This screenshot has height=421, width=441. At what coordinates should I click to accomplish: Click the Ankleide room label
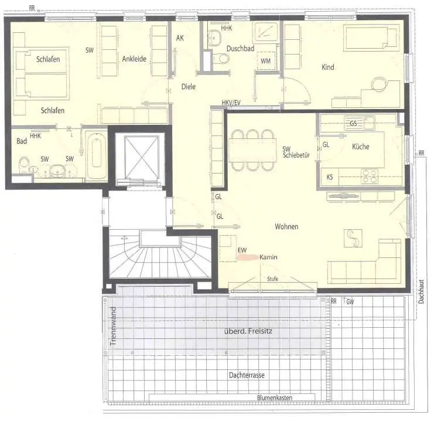tap(134, 59)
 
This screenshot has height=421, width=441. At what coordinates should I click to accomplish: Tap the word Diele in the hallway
tap(189, 86)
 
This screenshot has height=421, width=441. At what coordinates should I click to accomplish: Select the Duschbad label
tap(241, 49)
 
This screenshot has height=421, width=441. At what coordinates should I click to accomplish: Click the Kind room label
tap(328, 67)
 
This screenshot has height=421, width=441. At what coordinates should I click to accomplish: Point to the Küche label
tap(361, 147)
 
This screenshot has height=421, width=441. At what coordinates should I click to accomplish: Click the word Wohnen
tap(286, 226)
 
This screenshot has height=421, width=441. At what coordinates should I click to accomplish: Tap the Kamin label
tap(268, 257)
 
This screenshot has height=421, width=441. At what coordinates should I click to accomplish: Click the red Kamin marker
tap(248, 257)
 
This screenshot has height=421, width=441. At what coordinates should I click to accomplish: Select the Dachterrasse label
tap(247, 375)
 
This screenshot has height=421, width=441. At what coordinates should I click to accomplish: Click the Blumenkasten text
tap(275, 398)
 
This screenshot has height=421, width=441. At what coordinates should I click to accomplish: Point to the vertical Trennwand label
tap(113, 327)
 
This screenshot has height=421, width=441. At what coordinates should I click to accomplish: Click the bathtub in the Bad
tap(96, 155)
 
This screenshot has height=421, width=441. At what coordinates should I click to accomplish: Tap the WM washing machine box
tap(266, 60)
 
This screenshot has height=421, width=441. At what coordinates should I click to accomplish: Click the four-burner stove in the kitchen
tap(370, 176)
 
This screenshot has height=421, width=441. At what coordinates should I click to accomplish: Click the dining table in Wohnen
tap(252, 151)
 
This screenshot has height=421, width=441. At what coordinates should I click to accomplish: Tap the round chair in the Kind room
tap(380, 84)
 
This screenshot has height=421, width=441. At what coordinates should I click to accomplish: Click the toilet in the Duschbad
tap(221, 59)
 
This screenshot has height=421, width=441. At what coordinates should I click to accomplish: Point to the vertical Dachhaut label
tap(421, 291)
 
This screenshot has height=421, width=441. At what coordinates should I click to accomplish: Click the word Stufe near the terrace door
tap(272, 279)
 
